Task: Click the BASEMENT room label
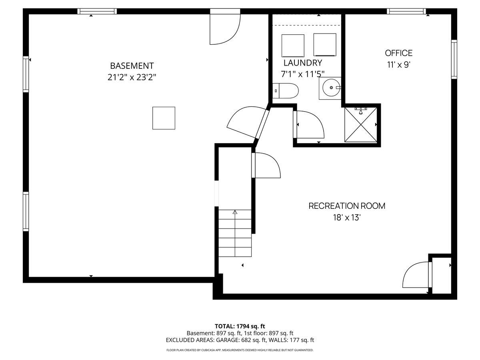pos(132,66)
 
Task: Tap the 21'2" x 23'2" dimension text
pos(132,78)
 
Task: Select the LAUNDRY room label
pos(303,63)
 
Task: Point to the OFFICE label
pos(398,53)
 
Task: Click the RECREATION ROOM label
pos(347,206)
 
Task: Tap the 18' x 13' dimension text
pos(347,218)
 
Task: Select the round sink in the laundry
pos(331,88)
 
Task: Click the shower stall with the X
pos(361,124)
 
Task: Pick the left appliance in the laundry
pos(293,45)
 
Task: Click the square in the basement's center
pos(164,118)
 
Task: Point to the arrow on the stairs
pos(235,213)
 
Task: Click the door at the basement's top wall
pos(224,28)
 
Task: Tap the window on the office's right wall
pos(454,59)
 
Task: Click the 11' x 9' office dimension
pos(398,65)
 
